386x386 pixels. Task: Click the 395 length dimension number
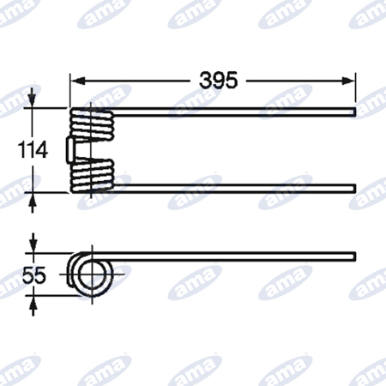tap(218, 81)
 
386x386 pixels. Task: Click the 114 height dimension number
tap(33, 150)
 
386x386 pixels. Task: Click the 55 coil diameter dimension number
tap(34, 275)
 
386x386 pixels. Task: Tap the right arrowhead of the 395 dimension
tap(348, 81)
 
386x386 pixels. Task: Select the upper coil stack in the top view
tap(92, 124)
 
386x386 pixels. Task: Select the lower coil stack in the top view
tap(92, 176)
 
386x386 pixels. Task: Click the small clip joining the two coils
tap(70, 150)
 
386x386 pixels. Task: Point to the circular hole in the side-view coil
tap(91, 274)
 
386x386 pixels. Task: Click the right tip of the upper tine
tap(355, 112)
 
